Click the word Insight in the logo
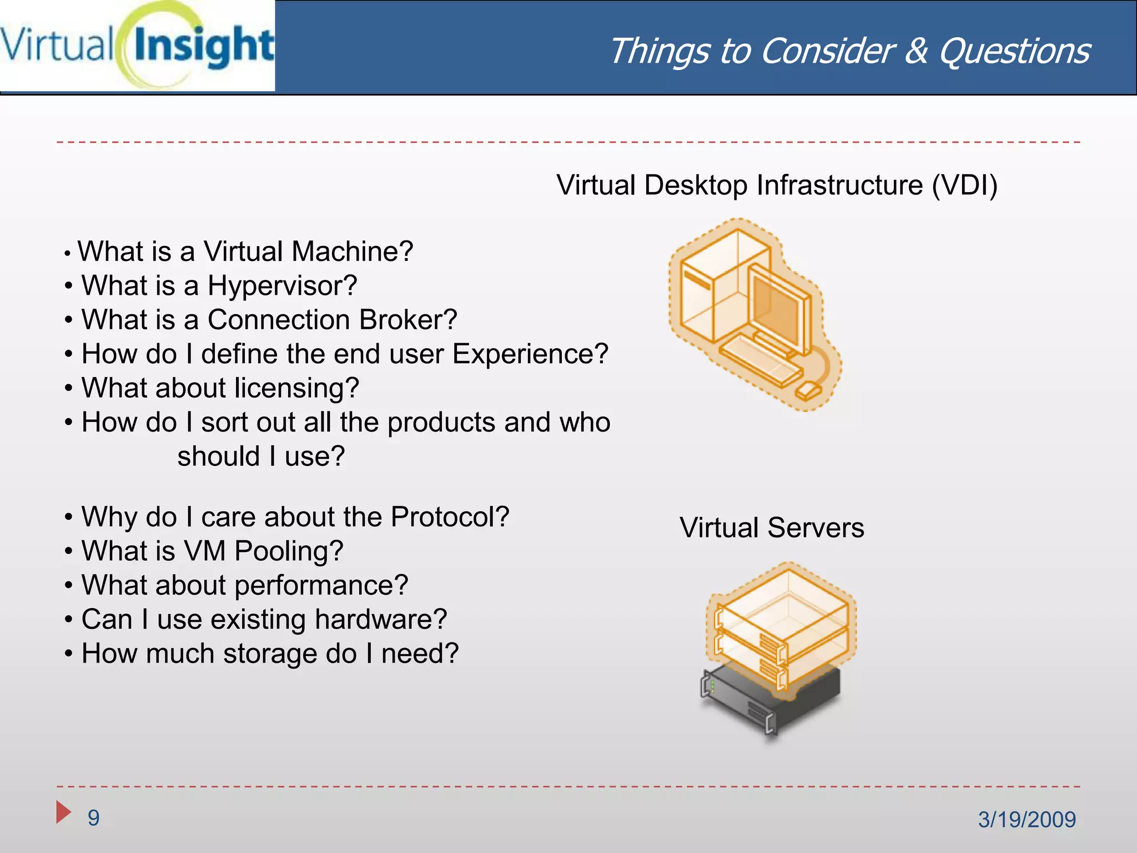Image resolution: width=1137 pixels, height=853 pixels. click(204, 47)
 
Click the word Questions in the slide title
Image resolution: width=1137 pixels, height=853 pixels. click(1014, 52)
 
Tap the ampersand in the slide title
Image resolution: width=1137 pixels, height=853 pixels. click(915, 52)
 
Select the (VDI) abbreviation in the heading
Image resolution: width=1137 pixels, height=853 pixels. click(964, 185)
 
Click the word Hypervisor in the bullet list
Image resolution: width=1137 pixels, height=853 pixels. click(282, 287)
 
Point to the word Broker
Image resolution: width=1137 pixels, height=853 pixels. click(408, 320)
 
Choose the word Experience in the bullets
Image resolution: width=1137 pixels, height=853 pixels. click(530, 354)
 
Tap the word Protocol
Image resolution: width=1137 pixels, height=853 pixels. click(450, 517)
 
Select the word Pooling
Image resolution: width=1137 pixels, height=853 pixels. click(289, 551)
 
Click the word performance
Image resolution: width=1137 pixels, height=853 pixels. click(321, 586)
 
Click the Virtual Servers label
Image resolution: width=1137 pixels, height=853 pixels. click(772, 528)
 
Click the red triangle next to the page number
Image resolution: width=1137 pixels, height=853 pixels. click(63, 812)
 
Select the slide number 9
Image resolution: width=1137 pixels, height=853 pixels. click(94, 818)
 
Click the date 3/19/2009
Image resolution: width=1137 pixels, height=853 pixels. click(1027, 820)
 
